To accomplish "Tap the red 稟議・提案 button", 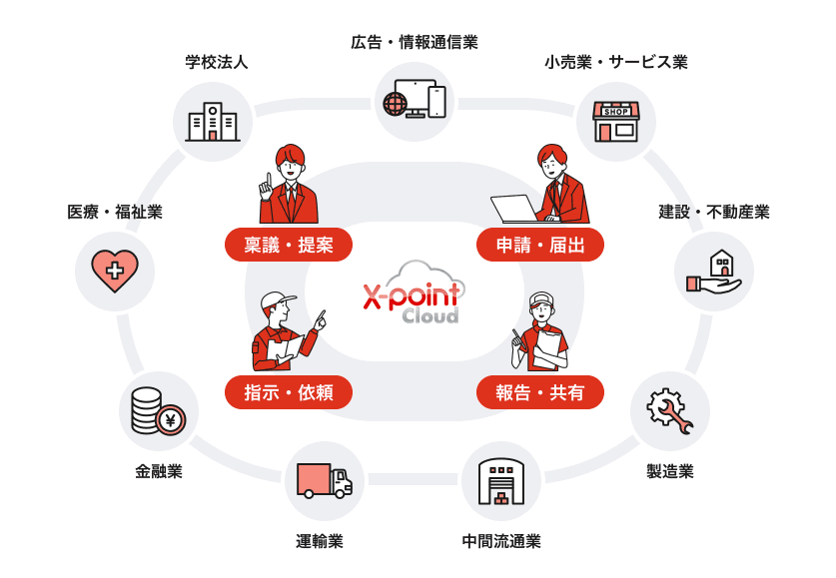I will (289, 245).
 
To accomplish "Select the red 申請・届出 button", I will (540, 245).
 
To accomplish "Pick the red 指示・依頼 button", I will (289, 392).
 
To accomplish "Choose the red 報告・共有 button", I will (540, 392).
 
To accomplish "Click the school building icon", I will (213, 121).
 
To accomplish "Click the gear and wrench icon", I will (669, 411).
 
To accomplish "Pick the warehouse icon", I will (500, 482).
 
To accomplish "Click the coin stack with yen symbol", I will (158, 411).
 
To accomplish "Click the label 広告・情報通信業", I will (415, 42).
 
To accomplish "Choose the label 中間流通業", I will (501, 542).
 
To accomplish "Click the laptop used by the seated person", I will (515, 209).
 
